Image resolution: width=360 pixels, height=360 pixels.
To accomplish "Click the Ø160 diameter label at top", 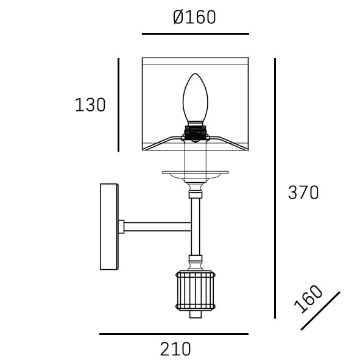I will [x=194, y=17].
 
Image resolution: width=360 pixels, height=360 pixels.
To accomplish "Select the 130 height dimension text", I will [x=90, y=105].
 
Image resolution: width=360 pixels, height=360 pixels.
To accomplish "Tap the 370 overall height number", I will [x=303, y=192].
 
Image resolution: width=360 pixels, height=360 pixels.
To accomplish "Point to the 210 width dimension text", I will [x=175, y=349].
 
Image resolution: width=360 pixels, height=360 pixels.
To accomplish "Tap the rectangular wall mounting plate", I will [x=110, y=227].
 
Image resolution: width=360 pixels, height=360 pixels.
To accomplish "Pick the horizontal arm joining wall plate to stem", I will [x=158, y=227].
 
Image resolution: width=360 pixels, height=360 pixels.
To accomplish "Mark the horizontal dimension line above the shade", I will [x=195, y=34].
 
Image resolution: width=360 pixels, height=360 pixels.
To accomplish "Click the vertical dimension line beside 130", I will [x=118, y=105].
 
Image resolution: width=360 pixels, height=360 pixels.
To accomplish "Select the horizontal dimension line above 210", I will [x=174, y=334].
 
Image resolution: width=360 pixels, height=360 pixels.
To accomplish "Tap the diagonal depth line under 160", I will [x=320, y=311].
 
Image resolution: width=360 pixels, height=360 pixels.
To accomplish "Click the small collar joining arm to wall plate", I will [x=121, y=227].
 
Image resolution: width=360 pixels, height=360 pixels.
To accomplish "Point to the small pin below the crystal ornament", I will [x=195, y=315].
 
